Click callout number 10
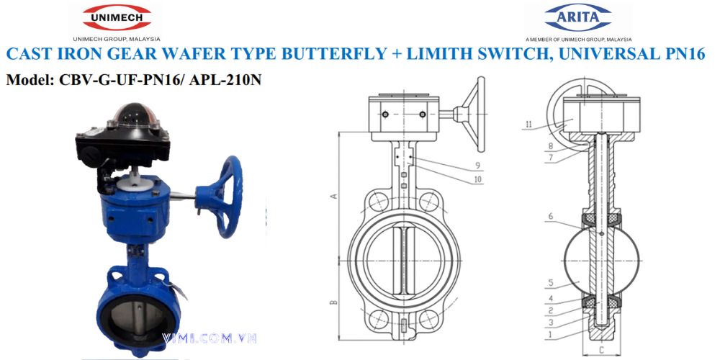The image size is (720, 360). tap(477, 179)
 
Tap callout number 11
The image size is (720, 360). tap(528, 125)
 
